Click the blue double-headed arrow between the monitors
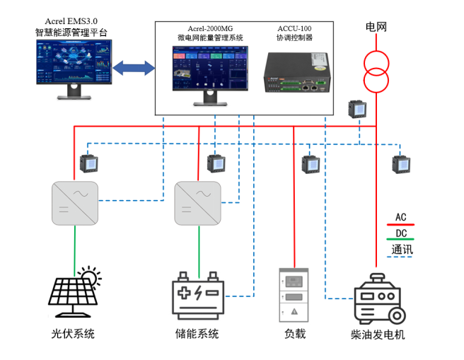pos(134,69)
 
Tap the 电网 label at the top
pos(376,27)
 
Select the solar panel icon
pos(73,292)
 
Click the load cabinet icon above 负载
pos(294,294)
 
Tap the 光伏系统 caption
pos(73,334)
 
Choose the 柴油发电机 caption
pos(378,335)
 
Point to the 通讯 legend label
pos(402,250)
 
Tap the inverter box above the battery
pos(198,203)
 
